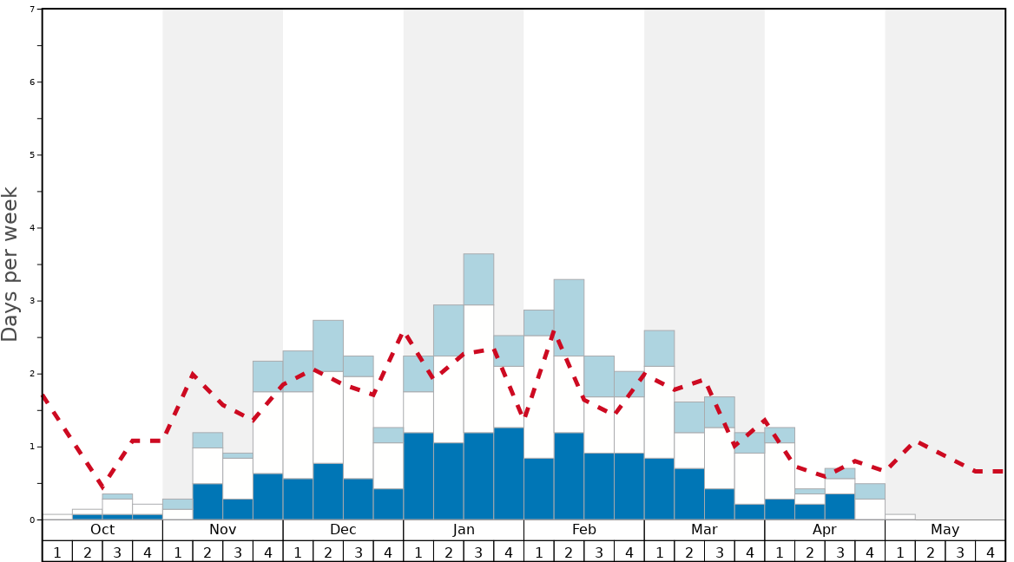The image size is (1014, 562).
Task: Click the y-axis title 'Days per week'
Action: point(10,264)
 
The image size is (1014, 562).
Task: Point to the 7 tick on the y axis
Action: point(32,10)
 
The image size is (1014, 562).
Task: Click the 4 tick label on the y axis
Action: point(32,228)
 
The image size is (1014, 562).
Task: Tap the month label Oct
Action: point(102,530)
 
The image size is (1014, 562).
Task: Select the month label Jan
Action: point(464,530)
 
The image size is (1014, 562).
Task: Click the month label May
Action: point(945,530)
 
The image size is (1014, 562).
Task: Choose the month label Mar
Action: point(704,530)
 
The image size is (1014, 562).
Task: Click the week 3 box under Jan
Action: point(478,552)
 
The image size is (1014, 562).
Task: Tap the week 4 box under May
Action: point(990,552)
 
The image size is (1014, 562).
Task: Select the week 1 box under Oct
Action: point(57,552)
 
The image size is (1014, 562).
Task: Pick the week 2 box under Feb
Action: point(569,552)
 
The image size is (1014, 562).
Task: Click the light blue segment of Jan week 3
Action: point(478,279)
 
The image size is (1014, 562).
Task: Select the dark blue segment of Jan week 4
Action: point(509,474)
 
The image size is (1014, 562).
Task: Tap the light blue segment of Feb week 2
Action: point(569,317)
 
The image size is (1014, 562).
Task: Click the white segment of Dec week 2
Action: point(328,417)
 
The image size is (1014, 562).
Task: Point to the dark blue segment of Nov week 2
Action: point(207,501)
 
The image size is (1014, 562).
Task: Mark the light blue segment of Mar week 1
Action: point(659,348)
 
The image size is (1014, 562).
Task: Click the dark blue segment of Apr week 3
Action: point(840,506)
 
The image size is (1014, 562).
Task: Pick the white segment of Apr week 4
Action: point(870,509)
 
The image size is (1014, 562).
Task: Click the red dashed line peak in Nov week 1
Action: point(192,374)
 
